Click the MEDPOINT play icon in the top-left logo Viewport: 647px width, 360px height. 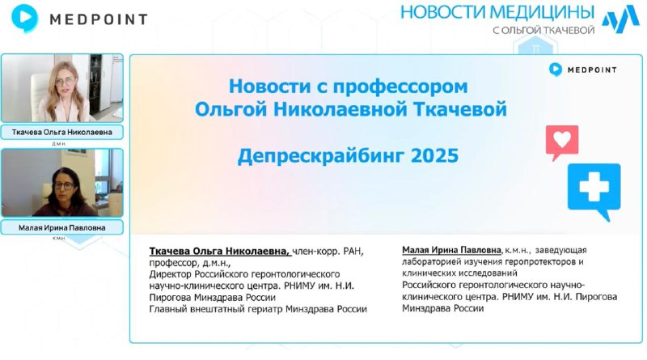pos(25,18)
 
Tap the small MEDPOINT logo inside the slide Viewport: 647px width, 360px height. pos(582,70)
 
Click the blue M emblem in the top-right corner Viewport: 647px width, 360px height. pos(620,19)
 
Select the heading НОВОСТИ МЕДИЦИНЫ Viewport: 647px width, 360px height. pos(497,12)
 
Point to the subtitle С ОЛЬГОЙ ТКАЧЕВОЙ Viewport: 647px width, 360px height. pos(543,30)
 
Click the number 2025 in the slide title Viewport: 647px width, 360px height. pos(435,155)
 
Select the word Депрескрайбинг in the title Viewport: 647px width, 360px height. pos(322,156)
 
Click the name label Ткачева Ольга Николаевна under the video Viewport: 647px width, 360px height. pos(62,133)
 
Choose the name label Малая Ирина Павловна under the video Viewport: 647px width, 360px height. pos(62,228)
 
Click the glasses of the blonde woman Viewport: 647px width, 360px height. pos(64,82)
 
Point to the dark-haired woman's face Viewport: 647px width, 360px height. pos(64,187)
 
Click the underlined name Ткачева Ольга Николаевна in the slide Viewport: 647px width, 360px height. pos(219,251)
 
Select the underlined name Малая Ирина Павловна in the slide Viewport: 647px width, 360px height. pos(451,250)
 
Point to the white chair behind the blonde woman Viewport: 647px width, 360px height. pos(39,91)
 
